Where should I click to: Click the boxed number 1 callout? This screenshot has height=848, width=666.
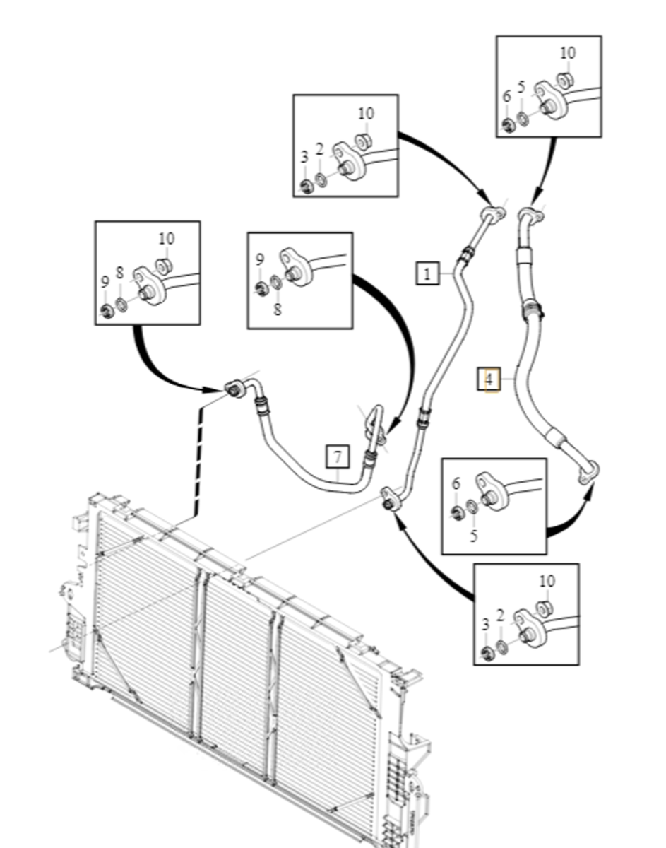point(427,273)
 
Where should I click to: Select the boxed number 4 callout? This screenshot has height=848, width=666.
point(489,379)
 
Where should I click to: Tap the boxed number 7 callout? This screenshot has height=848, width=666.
point(338,457)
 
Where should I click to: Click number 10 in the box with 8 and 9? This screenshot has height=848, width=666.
point(167,238)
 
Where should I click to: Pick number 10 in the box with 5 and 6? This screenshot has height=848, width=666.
point(568,53)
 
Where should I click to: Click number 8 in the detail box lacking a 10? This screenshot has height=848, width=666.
point(278,310)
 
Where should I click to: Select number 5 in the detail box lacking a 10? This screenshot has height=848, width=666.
point(473,536)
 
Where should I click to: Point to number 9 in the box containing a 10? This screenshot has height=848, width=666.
point(105,282)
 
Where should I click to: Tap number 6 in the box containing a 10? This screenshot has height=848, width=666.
point(506,96)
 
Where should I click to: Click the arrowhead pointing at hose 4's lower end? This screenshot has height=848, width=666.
point(590,490)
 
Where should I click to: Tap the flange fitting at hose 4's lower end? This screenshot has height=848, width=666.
point(588,472)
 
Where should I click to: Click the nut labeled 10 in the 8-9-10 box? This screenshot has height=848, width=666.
point(165,266)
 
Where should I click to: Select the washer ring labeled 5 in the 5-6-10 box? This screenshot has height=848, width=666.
point(523,119)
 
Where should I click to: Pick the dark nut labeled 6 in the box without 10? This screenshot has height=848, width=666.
point(457,513)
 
